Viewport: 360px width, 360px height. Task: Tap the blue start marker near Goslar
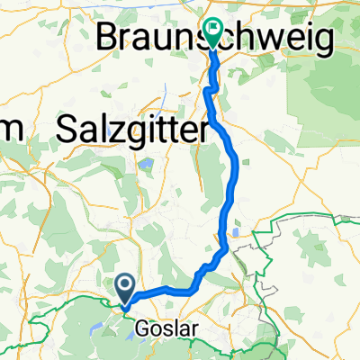126,289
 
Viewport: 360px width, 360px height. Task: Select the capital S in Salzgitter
66,130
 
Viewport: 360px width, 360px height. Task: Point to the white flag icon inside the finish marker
214,28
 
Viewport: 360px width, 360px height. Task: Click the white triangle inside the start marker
126,286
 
